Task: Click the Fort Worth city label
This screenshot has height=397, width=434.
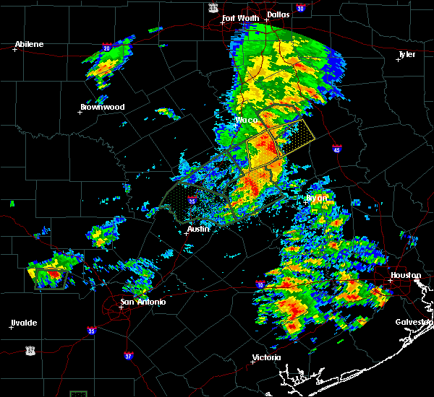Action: click(x=239, y=18)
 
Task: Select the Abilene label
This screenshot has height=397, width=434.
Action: click(x=29, y=44)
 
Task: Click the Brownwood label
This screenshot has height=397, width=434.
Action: click(x=102, y=107)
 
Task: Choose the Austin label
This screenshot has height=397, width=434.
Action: click(x=198, y=229)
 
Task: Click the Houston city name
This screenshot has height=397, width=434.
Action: click(x=406, y=275)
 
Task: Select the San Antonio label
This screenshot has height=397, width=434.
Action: click(x=142, y=302)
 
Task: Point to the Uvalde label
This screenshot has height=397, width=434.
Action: click(x=24, y=323)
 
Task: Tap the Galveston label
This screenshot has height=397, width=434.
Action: click(x=413, y=322)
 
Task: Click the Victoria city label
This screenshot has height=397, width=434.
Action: click(x=266, y=357)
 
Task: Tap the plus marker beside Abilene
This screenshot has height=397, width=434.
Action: click(x=14, y=49)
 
